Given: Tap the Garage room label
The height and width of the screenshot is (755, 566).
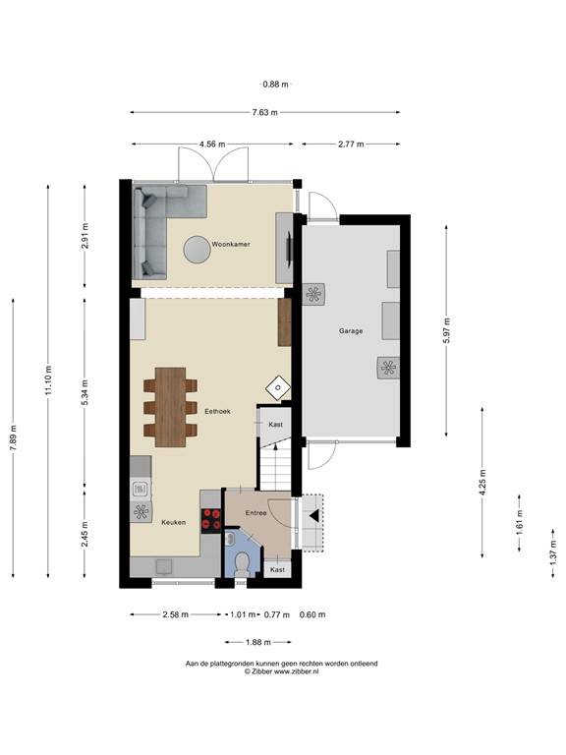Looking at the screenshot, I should [x=351, y=331].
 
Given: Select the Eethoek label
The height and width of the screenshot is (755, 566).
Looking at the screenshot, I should [x=217, y=412].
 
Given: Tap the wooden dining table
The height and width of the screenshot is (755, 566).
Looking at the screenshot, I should [x=170, y=406].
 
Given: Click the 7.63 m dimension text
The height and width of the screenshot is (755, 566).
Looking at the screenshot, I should [x=264, y=112].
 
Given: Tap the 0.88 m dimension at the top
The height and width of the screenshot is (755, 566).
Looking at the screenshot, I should [x=274, y=85].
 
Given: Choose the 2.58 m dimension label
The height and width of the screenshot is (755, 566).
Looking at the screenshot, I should [x=176, y=615].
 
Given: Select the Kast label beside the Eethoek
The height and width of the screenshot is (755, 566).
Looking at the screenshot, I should [x=276, y=424].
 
